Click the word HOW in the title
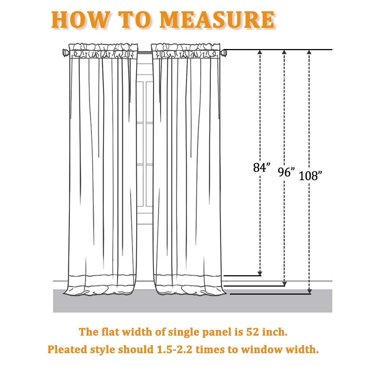click(81, 20)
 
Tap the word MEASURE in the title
click(217, 20)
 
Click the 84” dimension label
click(262, 167)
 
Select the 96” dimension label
click(286, 172)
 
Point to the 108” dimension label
click(310, 176)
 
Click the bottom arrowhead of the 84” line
click(260, 273)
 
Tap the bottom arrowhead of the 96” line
click(284, 284)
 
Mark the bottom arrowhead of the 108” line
click(310, 291)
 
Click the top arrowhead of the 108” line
click(309, 52)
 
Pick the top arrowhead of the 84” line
click(260, 52)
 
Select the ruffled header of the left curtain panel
click(103, 51)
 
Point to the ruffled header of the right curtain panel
click(186, 51)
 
